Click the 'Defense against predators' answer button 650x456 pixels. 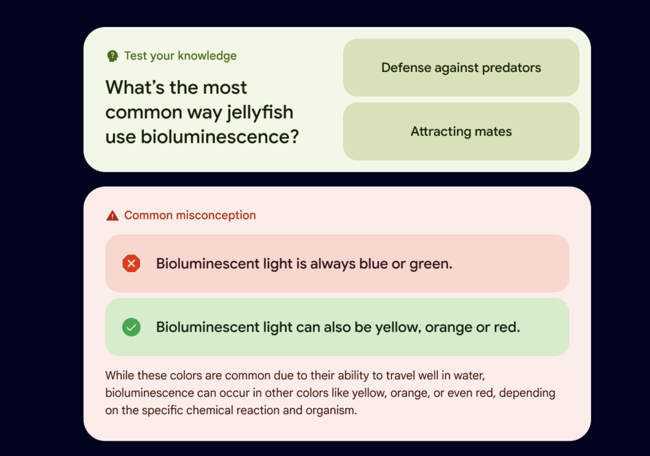click(461, 67)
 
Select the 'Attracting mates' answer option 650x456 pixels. click(461, 131)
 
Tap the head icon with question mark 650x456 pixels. click(113, 56)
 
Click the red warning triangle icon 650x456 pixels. click(112, 216)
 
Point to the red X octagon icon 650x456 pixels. click(131, 264)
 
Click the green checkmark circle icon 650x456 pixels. click(131, 327)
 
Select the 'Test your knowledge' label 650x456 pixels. click(180, 56)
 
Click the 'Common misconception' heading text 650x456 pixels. click(190, 215)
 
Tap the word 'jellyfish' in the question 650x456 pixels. click(260, 113)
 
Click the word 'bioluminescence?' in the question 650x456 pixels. click(220, 137)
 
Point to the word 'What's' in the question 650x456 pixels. click(135, 87)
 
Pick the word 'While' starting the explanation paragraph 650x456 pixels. click(120, 375)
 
